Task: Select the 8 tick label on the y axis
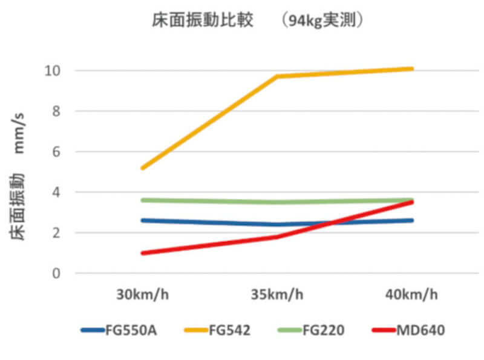[x=56, y=111]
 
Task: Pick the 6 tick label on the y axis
[x=56, y=152]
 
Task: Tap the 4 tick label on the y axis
[x=56, y=192]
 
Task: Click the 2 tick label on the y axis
[x=56, y=233]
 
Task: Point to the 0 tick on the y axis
[x=56, y=273]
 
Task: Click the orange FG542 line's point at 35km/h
[x=277, y=76]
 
